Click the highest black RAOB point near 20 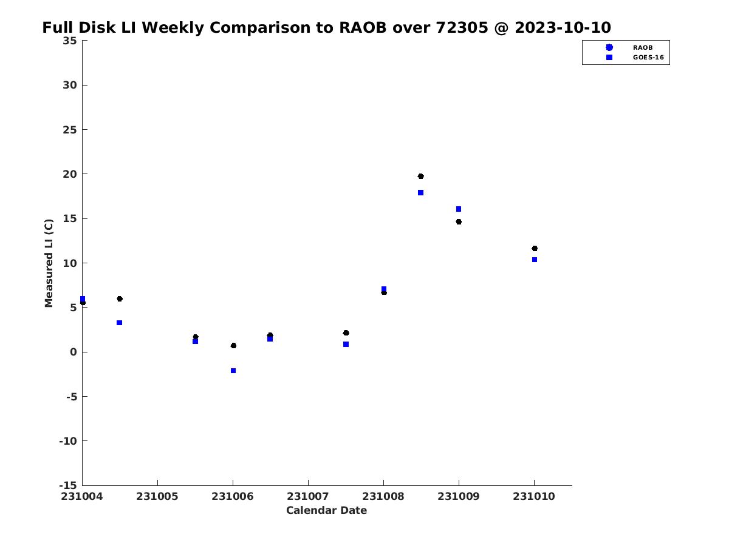coord(420,176)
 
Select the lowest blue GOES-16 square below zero coord(233,371)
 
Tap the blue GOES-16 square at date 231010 coord(535,260)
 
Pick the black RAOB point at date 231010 coord(535,248)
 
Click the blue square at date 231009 coord(459,209)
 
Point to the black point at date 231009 coord(459,221)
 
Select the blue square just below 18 coord(420,192)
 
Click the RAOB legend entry coord(642,47)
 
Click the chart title coord(326,28)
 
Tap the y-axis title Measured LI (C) coord(49,263)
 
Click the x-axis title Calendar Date coord(326,510)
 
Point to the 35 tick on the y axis coord(69,41)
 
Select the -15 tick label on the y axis coord(67,485)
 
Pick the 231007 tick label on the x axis coord(308,496)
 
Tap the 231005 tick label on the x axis coord(157,496)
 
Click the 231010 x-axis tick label coord(534,496)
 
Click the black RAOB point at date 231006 coord(233,345)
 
